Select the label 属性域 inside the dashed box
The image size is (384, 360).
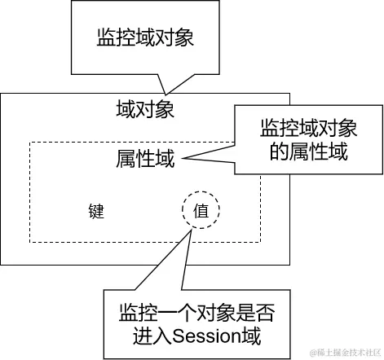146,159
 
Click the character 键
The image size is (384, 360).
97,211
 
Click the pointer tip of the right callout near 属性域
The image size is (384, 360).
178,159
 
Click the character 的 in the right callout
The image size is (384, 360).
271,151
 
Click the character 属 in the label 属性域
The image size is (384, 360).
126,159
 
